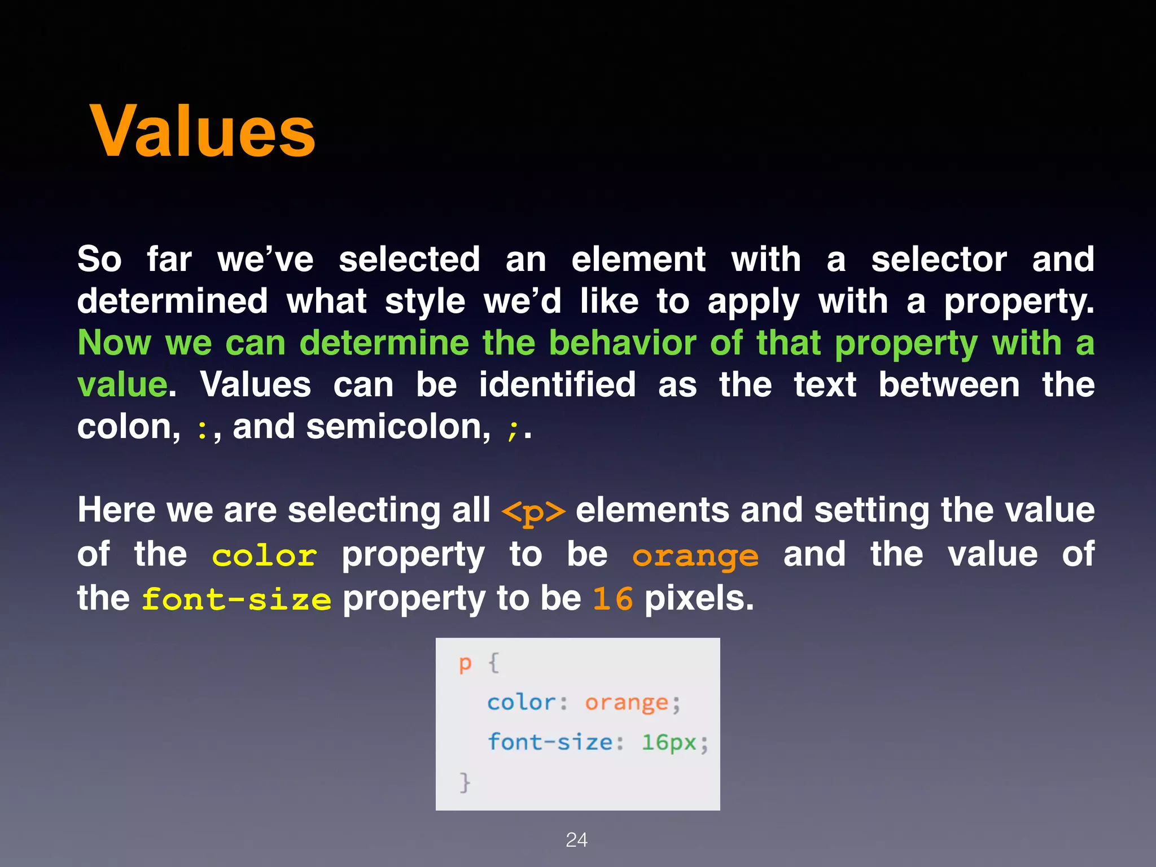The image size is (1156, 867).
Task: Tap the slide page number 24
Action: coord(576,840)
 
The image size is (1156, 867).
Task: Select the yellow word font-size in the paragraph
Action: coord(236,599)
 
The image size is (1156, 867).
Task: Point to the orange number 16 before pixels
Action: coord(612,599)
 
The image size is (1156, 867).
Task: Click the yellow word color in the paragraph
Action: coord(264,556)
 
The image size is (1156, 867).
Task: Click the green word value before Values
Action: coord(122,386)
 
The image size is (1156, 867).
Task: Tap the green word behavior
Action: coord(623,343)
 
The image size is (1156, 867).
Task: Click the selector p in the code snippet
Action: coord(465,664)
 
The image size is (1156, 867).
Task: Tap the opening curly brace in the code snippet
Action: coord(493,663)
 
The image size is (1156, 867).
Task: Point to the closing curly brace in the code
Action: coord(465,782)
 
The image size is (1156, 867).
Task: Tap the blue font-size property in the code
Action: coord(550,742)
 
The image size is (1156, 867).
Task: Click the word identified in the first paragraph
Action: coord(557,386)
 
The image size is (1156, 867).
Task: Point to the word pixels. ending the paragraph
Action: coord(699,599)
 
